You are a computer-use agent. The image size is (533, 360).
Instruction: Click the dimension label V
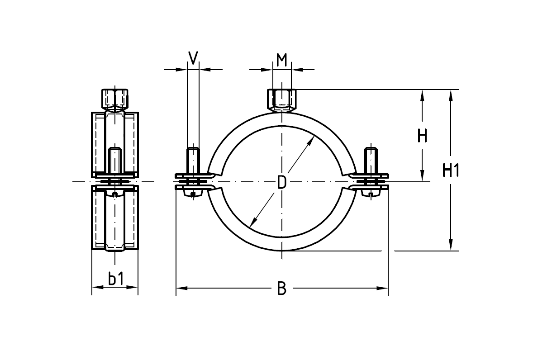click(x=193, y=58)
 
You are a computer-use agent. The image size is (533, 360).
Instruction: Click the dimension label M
click(x=282, y=59)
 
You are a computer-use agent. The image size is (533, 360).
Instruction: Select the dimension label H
click(x=422, y=135)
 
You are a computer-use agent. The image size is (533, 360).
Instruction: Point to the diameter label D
click(x=281, y=183)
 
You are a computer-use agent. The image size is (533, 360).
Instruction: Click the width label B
click(x=281, y=288)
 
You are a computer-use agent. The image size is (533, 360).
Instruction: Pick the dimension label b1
click(x=115, y=279)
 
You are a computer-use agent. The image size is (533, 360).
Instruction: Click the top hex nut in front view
click(x=281, y=100)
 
